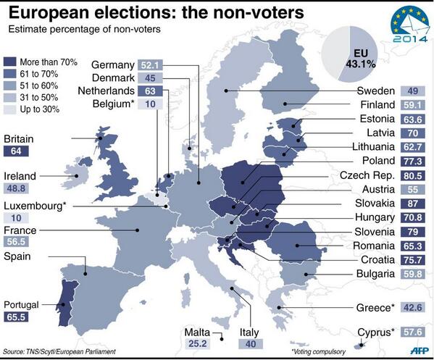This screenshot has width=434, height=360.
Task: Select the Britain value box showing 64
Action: coord(16,151)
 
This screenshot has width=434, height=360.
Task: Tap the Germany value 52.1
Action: coord(177,65)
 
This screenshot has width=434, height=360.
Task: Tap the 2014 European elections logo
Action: coord(403,23)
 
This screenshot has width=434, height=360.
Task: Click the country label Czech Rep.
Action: coord(367,175)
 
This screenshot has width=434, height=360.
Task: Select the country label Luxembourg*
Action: coord(34,205)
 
